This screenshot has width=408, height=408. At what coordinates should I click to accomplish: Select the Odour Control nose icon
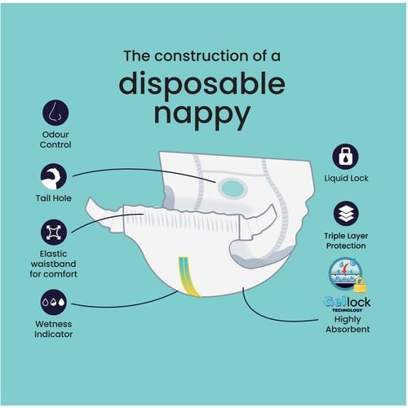(x=55, y=112)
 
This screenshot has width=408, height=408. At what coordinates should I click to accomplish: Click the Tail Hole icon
(x=55, y=175)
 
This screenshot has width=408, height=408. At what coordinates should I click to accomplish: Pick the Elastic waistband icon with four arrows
(x=55, y=233)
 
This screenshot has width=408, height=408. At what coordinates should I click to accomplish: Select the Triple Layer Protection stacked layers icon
(x=346, y=213)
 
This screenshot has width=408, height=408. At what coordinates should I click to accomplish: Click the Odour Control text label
(x=55, y=139)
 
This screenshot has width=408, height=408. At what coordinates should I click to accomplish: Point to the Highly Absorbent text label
(x=346, y=324)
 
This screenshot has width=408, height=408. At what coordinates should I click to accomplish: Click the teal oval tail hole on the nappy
(x=233, y=188)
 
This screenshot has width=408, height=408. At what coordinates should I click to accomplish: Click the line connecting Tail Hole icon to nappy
(x=139, y=171)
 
